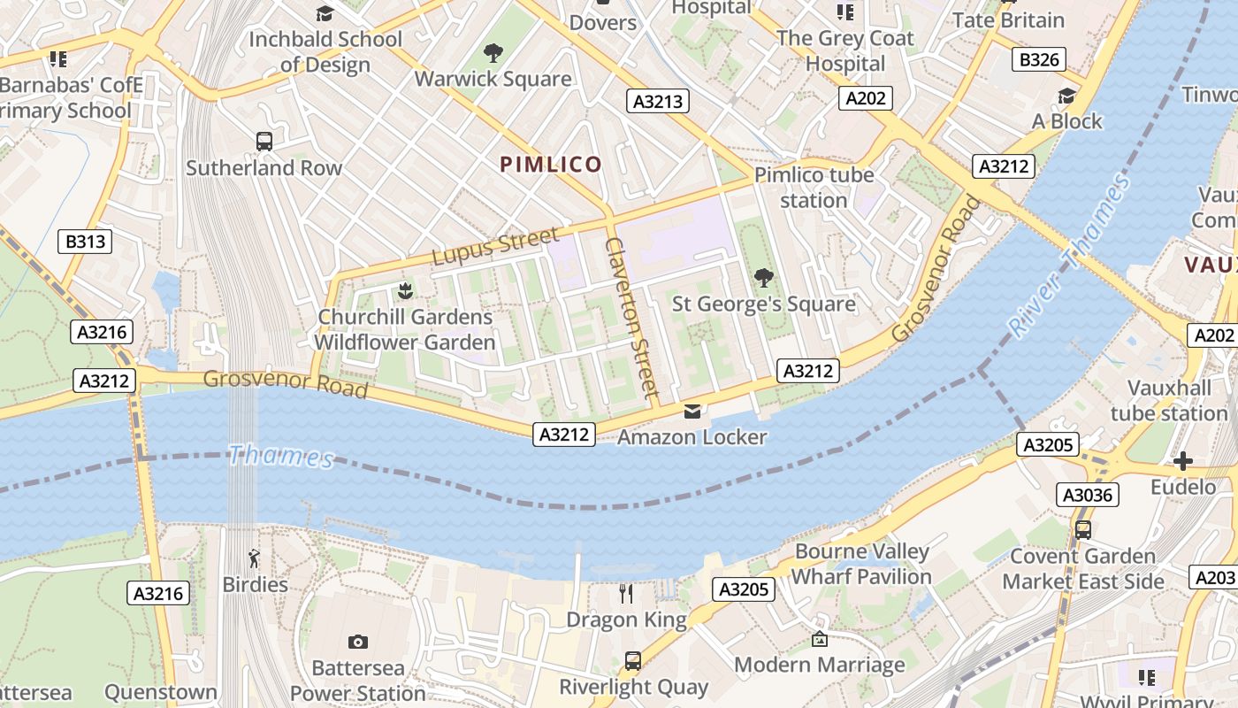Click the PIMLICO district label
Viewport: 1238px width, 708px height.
551,164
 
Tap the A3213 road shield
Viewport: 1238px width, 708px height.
659,101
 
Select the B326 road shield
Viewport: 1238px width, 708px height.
1039,59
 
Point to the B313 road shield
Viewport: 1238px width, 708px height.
85,241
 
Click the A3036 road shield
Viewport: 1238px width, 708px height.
1088,495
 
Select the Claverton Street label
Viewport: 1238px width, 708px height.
632,316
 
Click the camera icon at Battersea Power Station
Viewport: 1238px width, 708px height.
358,642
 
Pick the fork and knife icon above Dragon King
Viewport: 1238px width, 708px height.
626,593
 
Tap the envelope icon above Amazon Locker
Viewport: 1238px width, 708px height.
692,412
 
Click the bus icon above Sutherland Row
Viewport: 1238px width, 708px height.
264,141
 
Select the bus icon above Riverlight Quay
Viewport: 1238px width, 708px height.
633,660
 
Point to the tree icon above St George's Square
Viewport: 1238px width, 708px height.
763,278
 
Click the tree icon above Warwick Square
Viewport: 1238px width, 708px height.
493,53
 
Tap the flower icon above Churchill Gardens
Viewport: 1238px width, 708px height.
405,290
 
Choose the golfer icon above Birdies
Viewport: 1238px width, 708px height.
255,558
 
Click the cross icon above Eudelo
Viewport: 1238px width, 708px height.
1183,461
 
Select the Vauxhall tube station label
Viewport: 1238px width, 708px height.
1169,401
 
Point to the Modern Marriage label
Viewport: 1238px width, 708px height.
820,665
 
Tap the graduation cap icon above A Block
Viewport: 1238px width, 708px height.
1067,96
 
